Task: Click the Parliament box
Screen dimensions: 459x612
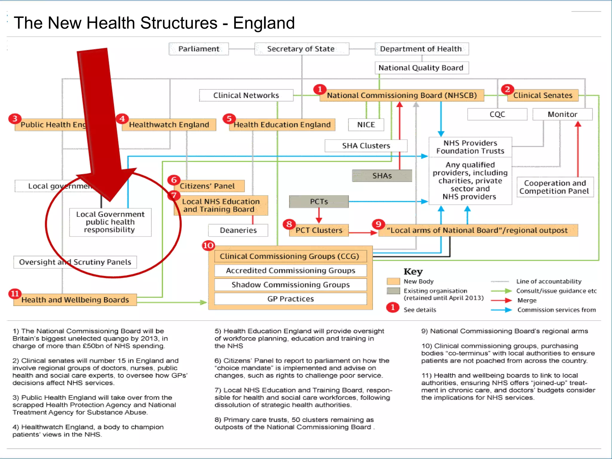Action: [x=199, y=49]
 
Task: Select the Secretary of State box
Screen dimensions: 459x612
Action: [x=301, y=49]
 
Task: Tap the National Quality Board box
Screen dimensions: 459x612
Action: [x=421, y=68]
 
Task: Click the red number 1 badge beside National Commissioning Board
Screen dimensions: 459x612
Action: [x=320, y=89]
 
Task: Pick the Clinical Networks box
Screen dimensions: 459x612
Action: [x=246, y=95]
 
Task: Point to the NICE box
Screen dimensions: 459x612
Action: [x=366, y=125]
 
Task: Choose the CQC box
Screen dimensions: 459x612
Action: [x=497, y=114]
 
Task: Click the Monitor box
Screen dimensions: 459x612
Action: [x=562, y=114]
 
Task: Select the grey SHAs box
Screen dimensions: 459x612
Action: [x=382, y=176]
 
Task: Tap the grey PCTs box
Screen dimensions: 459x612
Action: [x=319, y=202]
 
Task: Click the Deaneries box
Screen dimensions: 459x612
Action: [x=238, y=230]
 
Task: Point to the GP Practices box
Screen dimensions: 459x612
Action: [x=290, y=299]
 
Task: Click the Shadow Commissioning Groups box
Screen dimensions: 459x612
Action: [x=290, y=285]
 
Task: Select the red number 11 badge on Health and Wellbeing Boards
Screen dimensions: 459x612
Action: [x=15, y=294]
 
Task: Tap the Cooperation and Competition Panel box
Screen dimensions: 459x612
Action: [x=555, y=187]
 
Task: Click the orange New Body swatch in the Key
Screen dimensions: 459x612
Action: [x=393, y=281]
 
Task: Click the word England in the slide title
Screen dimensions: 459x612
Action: [x=264, y=23]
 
